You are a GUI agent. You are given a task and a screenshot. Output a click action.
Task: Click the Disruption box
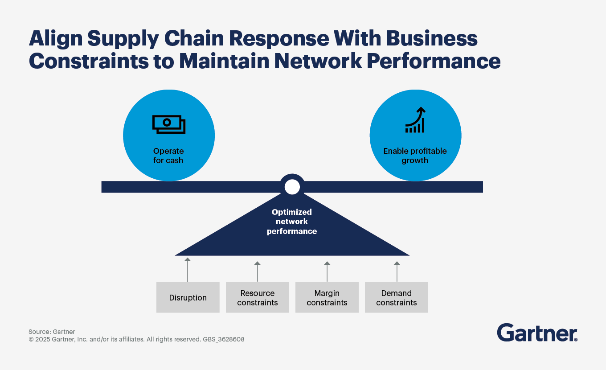188,297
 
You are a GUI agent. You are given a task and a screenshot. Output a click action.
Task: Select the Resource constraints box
257,297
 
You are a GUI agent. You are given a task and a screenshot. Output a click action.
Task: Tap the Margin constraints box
327,297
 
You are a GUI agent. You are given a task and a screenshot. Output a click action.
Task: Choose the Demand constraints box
396,297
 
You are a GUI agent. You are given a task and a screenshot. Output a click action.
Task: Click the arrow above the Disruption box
188,269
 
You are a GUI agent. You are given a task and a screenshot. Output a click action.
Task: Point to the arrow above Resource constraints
257,271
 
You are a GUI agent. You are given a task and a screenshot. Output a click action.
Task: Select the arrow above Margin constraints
327,271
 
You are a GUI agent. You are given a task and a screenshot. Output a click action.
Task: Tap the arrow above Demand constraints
397,271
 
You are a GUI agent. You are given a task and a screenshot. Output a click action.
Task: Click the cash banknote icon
168,124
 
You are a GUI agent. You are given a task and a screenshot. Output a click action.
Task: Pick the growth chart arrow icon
415,120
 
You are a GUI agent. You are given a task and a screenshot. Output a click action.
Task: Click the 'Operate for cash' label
168,156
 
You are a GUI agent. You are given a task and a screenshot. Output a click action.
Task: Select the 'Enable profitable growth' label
415,156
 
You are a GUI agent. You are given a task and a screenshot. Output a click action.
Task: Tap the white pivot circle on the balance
292,187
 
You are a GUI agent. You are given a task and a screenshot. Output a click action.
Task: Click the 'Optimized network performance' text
292,222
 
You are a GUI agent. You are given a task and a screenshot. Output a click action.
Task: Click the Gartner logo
537,333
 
